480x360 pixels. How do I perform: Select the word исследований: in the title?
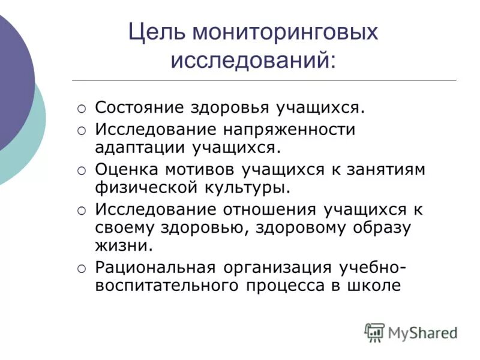pos(254,61)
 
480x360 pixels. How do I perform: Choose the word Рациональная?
pos(158,268)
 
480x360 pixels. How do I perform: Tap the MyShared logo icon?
pos(374,332)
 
